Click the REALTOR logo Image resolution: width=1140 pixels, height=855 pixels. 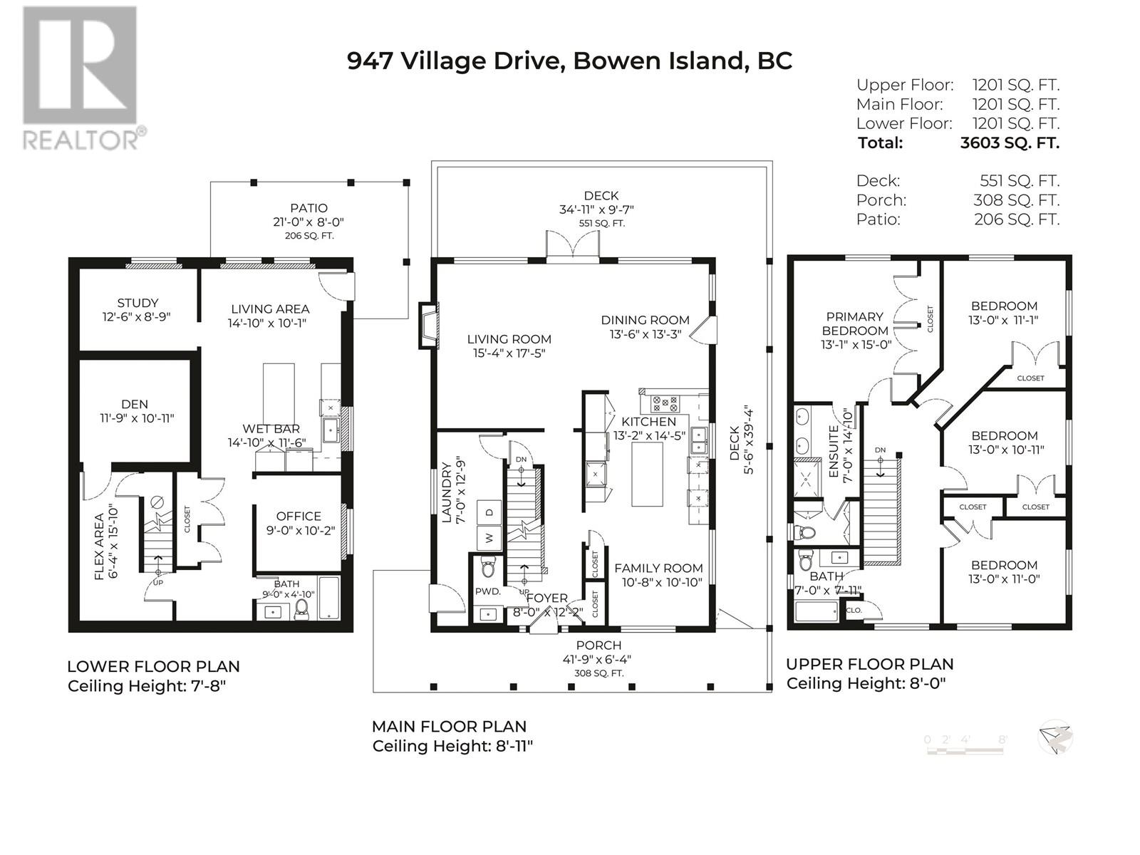tap(81, 79)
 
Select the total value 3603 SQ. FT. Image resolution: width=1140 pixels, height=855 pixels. tap(1010, 142)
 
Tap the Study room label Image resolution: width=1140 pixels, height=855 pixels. tap(138, 303)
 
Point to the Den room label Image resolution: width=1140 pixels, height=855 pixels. tap(135, 404)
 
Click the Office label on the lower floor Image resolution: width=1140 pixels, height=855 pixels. tap(299, 516)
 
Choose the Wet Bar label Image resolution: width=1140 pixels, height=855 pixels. tap(271, 429)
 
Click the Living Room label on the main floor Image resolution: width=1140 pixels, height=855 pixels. tap(509, 339)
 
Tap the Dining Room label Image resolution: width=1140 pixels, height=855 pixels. tap(645, 321)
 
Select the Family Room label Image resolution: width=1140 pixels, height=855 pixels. tap(658, 569)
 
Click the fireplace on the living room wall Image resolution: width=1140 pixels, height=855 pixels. tap(428, 326)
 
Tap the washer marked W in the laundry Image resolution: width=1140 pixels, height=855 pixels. tap(489, 538)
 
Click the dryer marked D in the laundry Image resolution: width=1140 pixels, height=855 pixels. tap(489, 512)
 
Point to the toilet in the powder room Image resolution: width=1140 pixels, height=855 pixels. tap(487, 568)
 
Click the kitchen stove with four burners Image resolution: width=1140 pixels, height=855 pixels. tap(665, 403)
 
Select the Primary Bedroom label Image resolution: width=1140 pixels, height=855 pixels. tap(855, 323)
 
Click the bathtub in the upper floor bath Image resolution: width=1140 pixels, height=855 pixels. tap(817, 611)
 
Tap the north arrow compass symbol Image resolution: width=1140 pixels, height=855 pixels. tap(1055, 737)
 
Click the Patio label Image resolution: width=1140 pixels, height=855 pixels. tap(309, 208)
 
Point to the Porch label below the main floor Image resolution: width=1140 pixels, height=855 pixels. tap(598, 646)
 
